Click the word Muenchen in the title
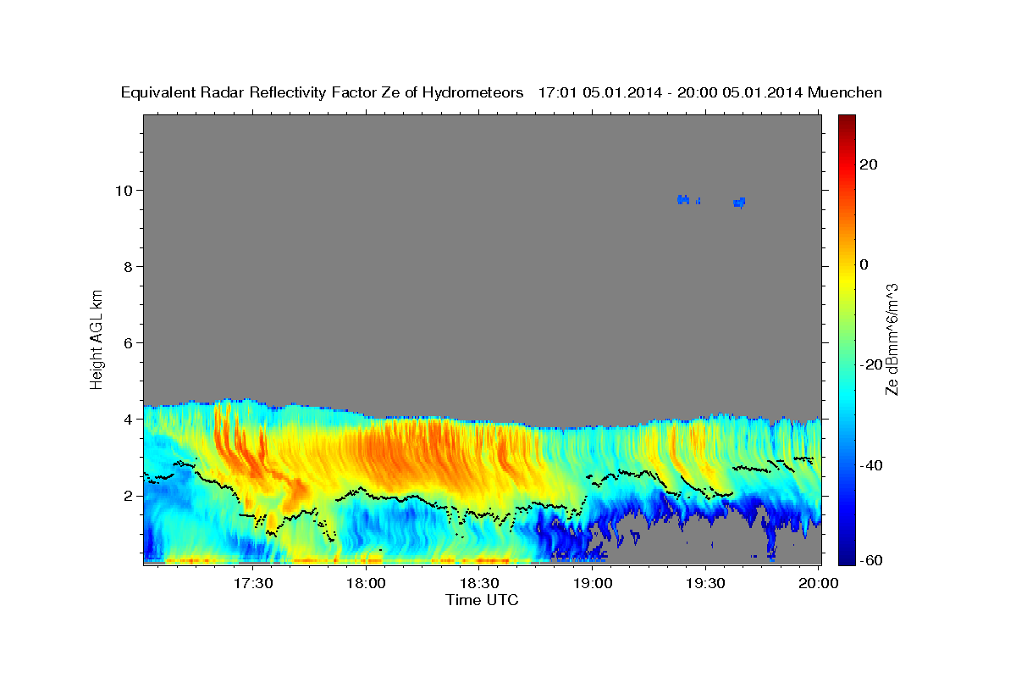(x=844, y=92)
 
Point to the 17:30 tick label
(x=253, y=584)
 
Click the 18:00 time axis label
(x=367, y=584)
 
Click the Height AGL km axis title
(x=97, y=338)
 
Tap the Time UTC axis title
(x=482, y=600)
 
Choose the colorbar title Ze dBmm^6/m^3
(x=892, y=339)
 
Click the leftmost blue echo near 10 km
(x=683, y=199)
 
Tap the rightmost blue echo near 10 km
(x=739, y=202)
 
